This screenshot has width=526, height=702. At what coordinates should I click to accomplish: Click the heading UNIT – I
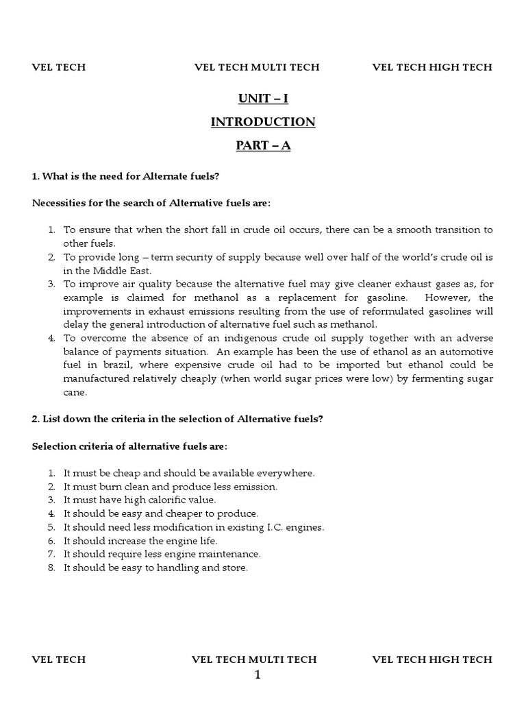coord(263,99)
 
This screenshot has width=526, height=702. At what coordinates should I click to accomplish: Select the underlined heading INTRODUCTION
coord(263,122)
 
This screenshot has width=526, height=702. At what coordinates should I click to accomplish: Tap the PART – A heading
coord(263,146)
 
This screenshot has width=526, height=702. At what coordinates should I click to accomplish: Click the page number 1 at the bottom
coord(258,675)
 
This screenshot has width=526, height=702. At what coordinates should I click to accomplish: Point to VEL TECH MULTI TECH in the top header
coord(257,67)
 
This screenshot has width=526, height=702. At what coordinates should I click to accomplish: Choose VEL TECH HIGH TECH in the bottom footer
coord(431,659)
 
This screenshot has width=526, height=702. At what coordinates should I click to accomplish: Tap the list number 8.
coord(51,568)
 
